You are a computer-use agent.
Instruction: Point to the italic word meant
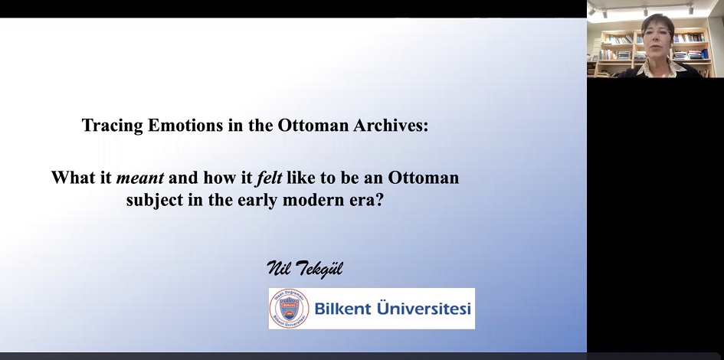click(x=140, y=178)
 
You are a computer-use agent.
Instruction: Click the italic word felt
click(x=269, y=177)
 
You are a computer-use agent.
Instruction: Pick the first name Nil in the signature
click(x=277, y=268)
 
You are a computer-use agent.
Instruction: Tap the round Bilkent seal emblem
click(x=289, y=309)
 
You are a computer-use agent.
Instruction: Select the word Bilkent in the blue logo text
click(x=342, y=309)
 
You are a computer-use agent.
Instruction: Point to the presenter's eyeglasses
click(x=657, y=32)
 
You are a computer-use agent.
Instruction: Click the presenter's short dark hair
click(x=658, y=21)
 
